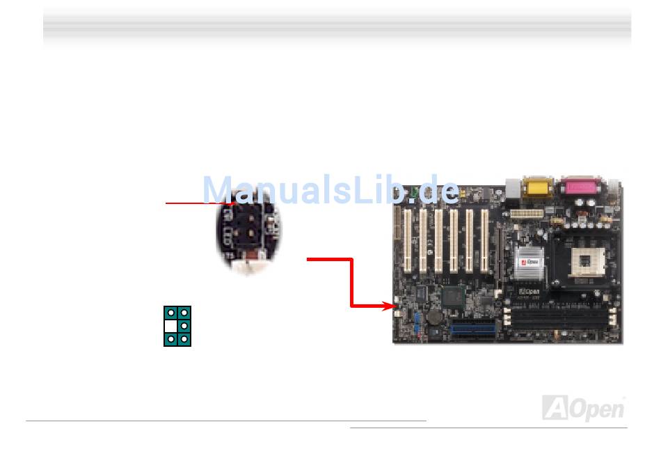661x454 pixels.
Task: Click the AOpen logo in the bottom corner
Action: pos(582,407)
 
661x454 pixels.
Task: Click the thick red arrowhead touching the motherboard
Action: pos(389,305)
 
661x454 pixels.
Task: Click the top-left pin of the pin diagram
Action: pos(170,313)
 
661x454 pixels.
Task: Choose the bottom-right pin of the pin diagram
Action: pos(184,339)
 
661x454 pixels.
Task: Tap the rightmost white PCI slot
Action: pos(484,241)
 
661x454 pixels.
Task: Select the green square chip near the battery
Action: pos(452,296)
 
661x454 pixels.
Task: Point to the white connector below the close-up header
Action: pos(248,264)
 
